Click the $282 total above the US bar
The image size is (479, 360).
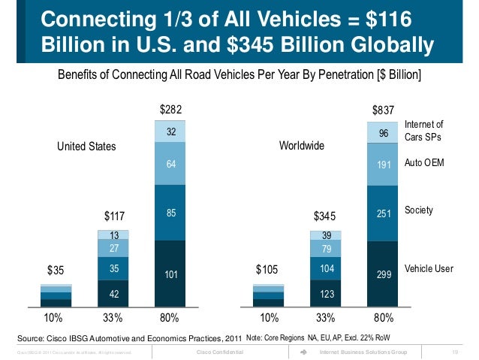click(170, 110)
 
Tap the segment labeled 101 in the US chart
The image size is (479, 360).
click(171, 275)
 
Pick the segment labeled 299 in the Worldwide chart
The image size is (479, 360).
click(383, 276)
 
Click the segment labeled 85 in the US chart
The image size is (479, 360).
click(171, 214)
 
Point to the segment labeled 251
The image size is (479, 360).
click(383, 214)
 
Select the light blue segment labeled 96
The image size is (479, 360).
click(383, 133)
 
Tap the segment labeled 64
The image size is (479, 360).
click(171, 163)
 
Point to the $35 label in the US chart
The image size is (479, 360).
click(56, 269)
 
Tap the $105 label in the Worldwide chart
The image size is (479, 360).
click(267, 269)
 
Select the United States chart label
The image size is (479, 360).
click(87, 147)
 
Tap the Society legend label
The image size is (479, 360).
click(419, 210)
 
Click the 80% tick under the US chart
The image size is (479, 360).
click(171, 317)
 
